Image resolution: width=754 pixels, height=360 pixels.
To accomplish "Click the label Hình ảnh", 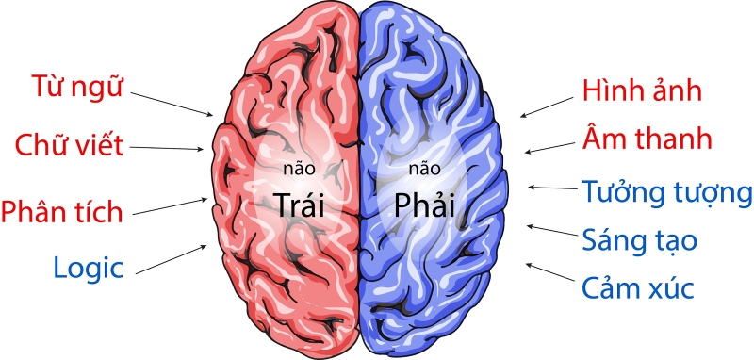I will coord(643,92).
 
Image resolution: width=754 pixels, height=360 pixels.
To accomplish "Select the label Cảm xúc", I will coord(639,286).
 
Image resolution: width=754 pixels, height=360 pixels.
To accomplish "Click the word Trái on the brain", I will coord(299,202).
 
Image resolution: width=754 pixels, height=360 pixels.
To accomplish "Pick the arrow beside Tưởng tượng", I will coord(550,188).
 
